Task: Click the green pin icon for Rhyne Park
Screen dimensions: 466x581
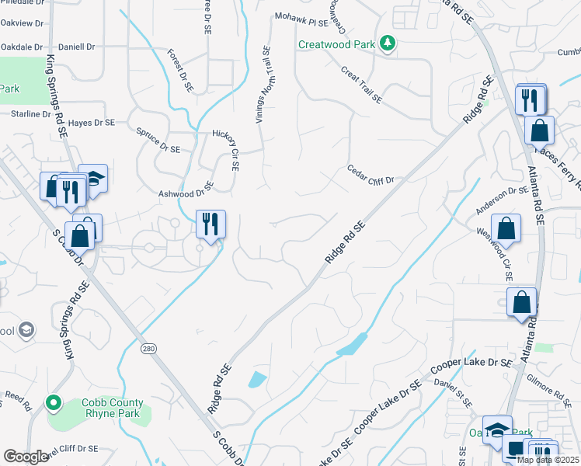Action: pyautogui.click(x=53, y=403)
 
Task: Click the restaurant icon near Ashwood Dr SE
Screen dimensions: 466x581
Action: pyautogui.click(x=210, y=224)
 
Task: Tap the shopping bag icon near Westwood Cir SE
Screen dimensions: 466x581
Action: pyautogui.click(x=506, y=229)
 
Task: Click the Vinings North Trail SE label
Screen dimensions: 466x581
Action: pyautogui.click(x=262, y=85)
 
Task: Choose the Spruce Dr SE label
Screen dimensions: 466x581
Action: pyautogui.click(x=158, y=140)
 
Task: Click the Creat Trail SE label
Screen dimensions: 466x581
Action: pyautogui.click(x=361, y=85)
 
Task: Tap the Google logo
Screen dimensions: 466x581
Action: pyautogui.click(x=26, y=457)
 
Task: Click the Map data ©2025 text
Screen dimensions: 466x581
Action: pyautogui.click(x=548, y=460)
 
